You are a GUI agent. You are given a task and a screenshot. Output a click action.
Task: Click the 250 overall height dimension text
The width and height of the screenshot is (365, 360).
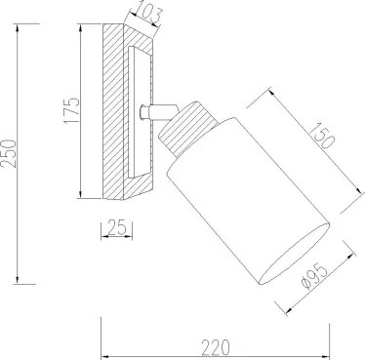coord(8,153)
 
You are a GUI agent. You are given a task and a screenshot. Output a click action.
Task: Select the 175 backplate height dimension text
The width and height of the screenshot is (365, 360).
coord(71,110)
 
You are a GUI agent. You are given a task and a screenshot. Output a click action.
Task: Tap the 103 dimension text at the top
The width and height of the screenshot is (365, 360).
coord(148,14)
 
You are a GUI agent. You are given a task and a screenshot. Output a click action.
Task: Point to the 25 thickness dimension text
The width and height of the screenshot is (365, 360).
coord(116,227)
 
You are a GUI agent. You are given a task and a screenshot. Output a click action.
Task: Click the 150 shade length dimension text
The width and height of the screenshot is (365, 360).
coord(322,135)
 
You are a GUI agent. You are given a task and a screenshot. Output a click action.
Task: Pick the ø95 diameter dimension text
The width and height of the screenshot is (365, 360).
coord(314,278)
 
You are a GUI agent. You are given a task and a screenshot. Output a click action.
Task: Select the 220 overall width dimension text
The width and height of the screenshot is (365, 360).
coord(216,347)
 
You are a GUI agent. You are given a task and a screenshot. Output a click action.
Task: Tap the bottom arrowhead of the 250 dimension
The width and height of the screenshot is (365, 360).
coord(18,280)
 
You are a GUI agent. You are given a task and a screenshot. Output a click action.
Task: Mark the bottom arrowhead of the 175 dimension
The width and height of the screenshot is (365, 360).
coord(80,194)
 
